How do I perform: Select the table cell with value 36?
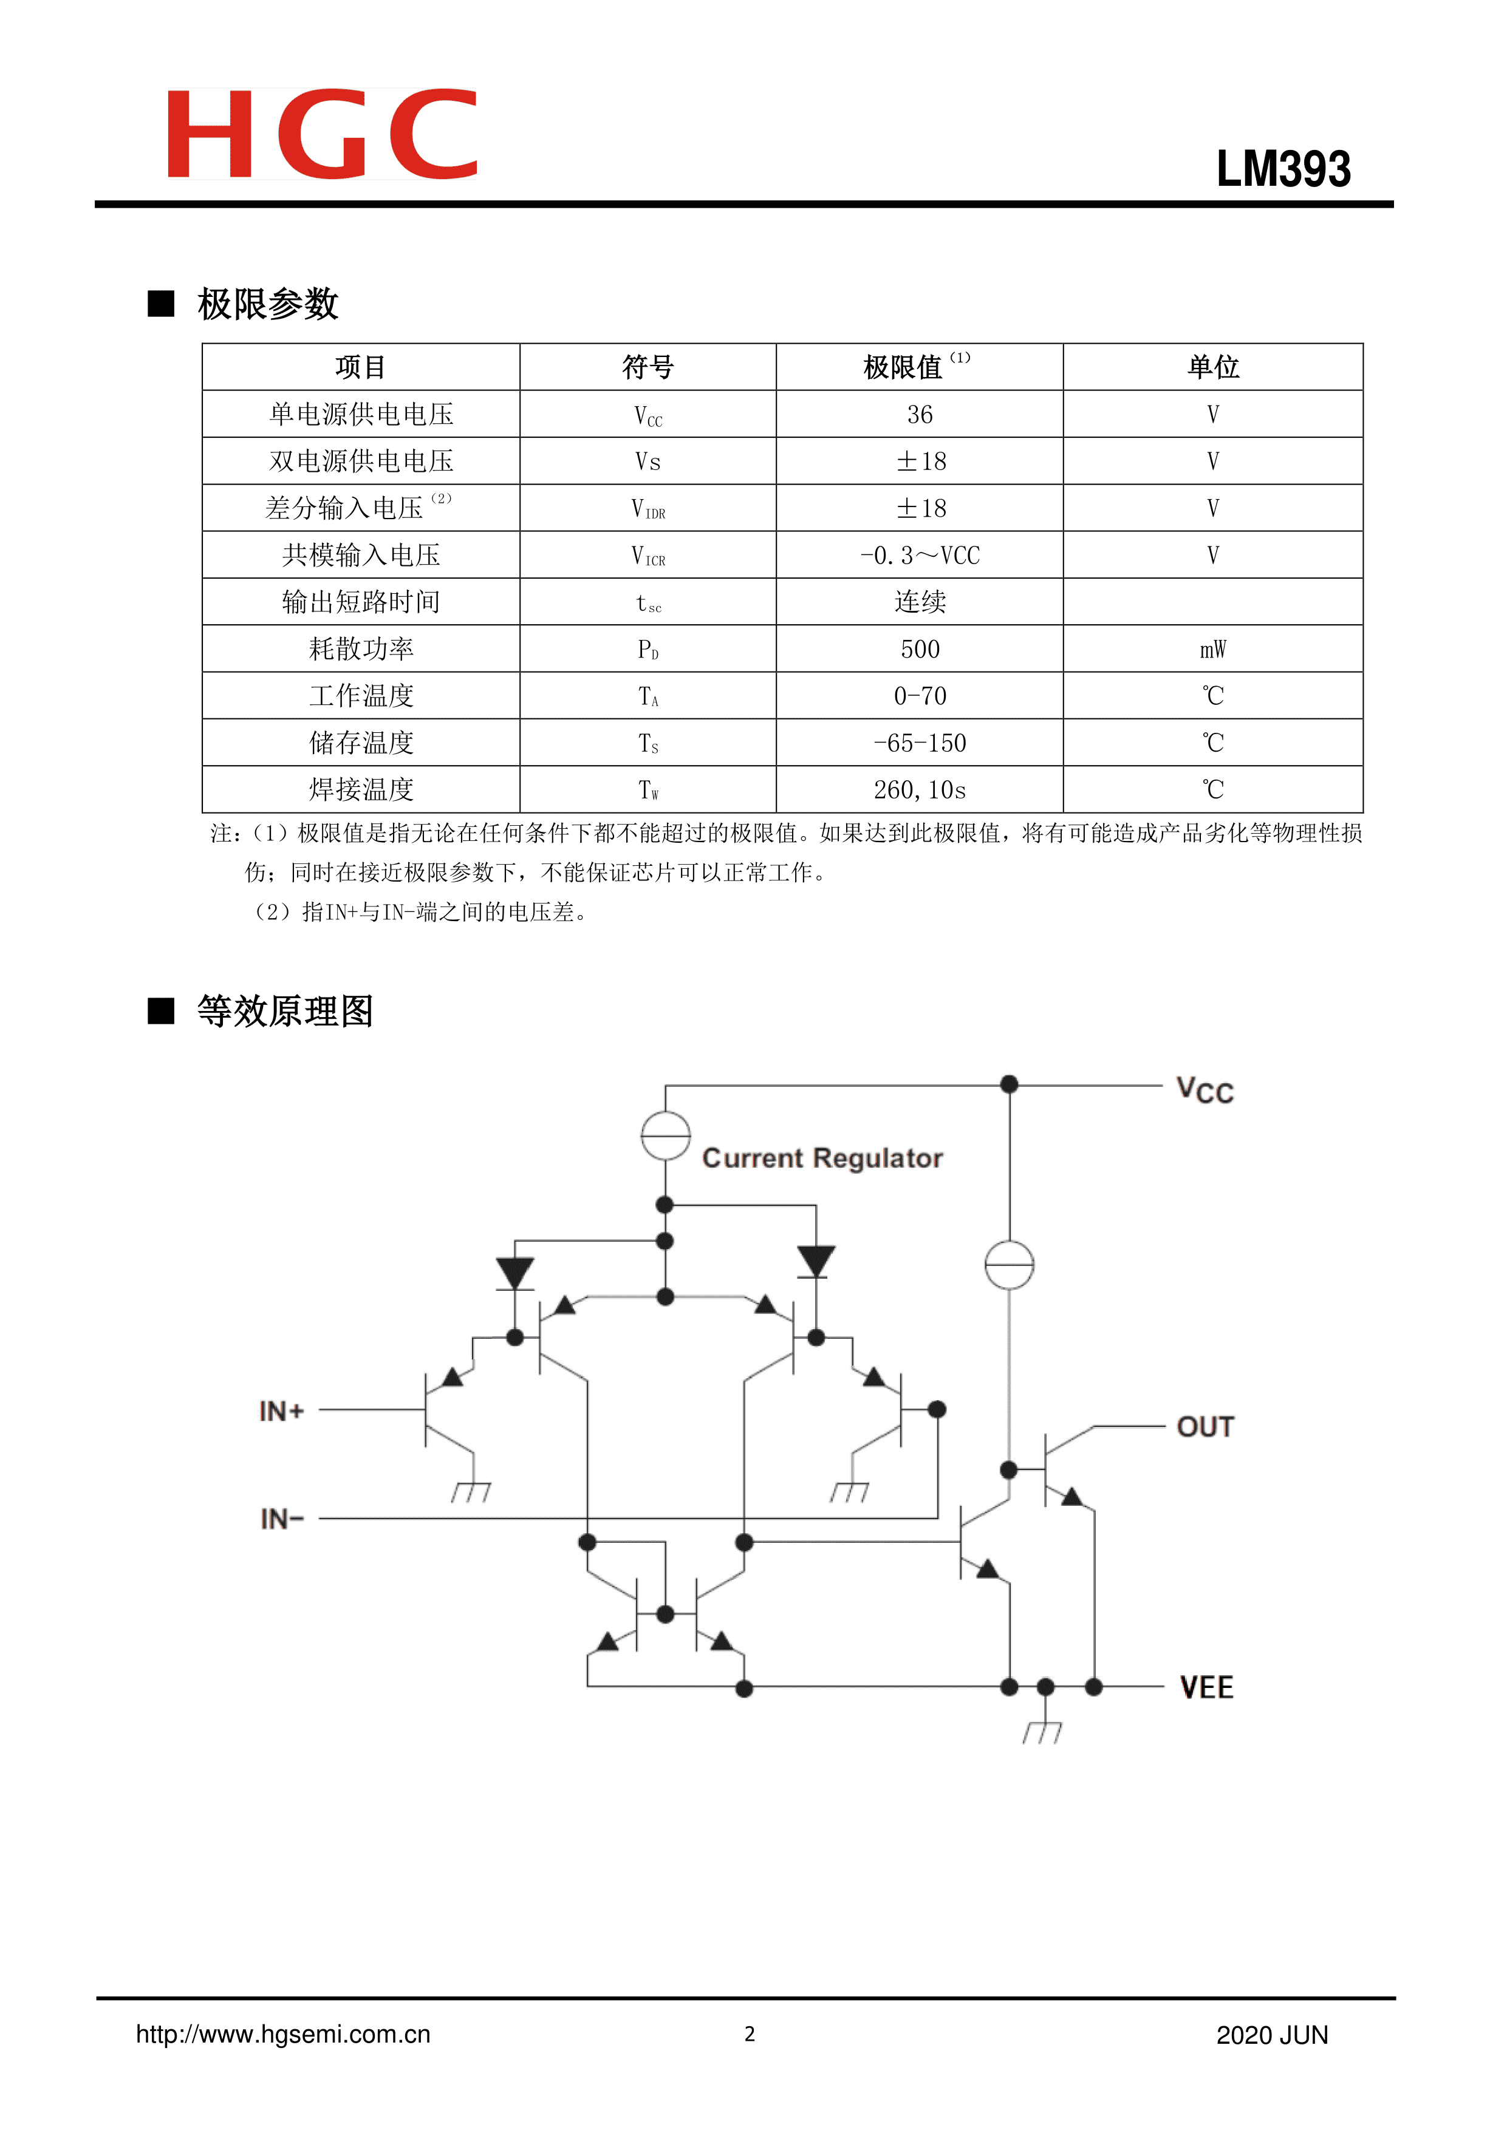(x=920, y=415)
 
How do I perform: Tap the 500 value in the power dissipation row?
(x=920, y=650)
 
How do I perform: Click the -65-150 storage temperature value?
(x=920, y=743)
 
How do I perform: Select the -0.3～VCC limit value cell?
(x=920, y=556)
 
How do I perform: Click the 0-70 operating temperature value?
(x=920, y=696)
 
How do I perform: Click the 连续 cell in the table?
(x=920, y=602)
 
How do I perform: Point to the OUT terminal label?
(x=1205, y=1427)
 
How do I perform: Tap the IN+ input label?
(x=282, y=1411)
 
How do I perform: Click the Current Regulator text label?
(x=822, y=1159)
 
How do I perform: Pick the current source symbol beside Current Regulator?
(x=665, y=1135)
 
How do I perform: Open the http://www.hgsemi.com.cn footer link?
(x=283, y=2035)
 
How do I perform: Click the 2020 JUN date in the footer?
(x=1271, y=2035)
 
